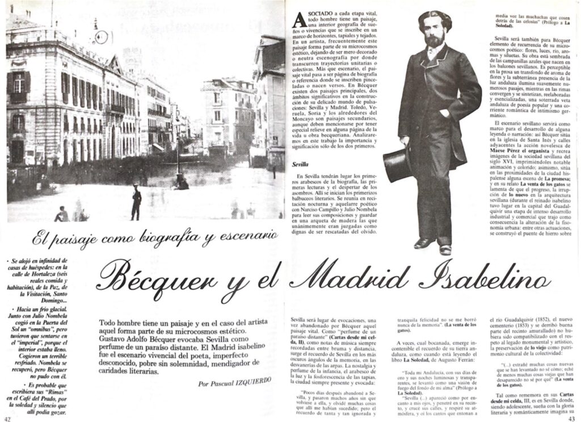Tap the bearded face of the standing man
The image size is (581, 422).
435,34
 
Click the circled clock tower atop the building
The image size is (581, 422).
101,37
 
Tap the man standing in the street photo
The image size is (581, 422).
136,202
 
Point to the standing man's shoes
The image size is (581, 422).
433,245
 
